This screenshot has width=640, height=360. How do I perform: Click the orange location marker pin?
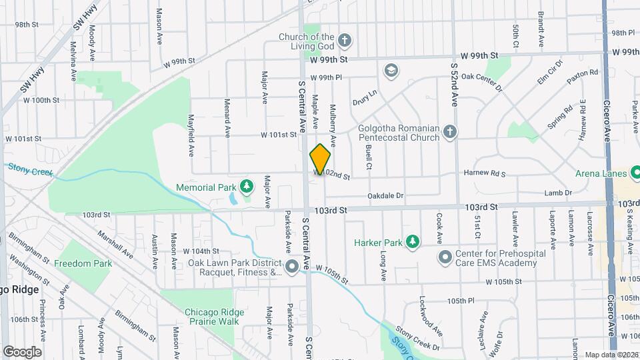point(321,159)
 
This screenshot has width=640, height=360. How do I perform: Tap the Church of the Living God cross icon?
point(344,40)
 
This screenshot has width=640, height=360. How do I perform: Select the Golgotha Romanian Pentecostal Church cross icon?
point(450,132)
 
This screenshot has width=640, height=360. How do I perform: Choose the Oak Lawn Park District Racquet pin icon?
point(292,267)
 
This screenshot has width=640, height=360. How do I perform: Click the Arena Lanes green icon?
point(634,174)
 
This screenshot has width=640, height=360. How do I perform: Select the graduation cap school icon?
point(391,70)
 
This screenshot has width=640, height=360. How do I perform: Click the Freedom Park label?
point(83,263)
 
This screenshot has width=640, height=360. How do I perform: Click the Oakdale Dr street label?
point(386,196)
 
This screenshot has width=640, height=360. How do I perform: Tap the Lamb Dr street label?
point(558,193)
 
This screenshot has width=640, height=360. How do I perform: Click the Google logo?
point(22,351)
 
